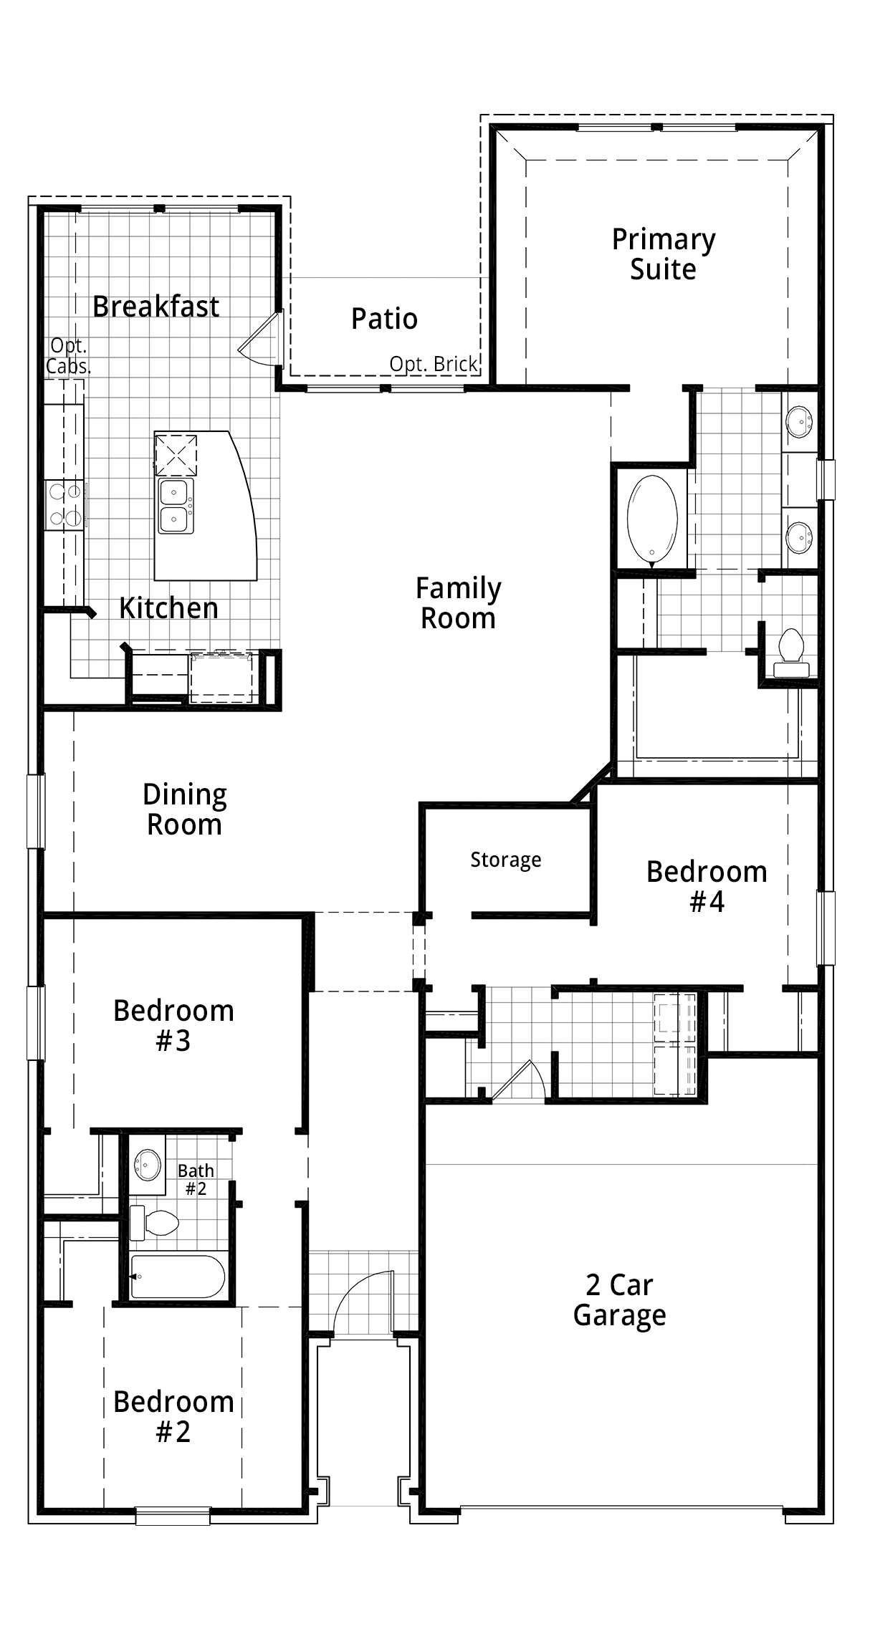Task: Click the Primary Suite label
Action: pos(664,254)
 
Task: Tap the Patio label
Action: pos(384,319)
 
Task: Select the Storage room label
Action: pos(506,860)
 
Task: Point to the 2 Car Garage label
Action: pos(620,1300)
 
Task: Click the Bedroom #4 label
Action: pos(707,887)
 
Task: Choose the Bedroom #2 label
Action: pos(173,1417)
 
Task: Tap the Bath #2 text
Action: pos(196,1179)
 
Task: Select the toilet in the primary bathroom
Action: pos(791,652)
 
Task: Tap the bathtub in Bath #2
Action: pos(178,1276)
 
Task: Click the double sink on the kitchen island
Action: pos(176,506)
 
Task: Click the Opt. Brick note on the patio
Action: pos(434,364)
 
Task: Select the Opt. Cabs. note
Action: pos(69,356)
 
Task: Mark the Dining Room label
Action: pos(185,809)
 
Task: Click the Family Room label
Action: pos(459,603)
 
